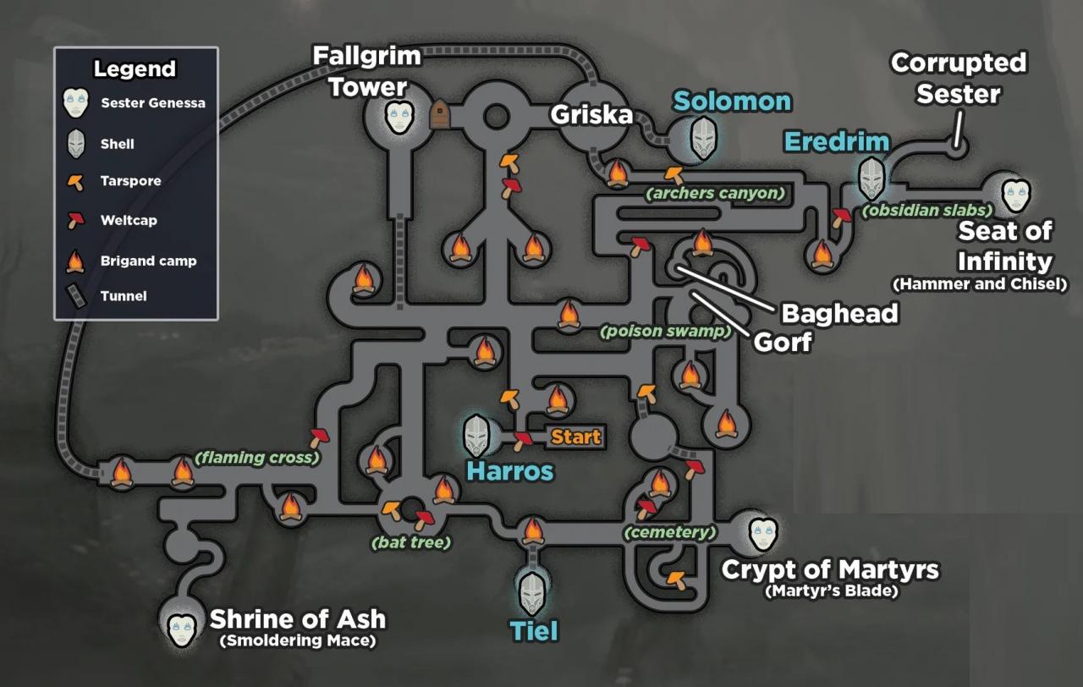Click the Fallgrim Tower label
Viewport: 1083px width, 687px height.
[366, 71]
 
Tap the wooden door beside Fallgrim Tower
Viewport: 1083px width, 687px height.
[440, 115]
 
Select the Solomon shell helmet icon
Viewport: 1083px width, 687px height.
[703, 139]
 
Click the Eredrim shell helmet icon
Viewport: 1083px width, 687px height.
[872, 178]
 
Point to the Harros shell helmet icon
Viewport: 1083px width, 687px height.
[477, 436]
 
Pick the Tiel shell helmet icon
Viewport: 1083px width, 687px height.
[532, 593]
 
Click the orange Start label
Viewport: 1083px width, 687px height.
[576, 437]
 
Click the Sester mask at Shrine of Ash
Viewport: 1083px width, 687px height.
[182, 626]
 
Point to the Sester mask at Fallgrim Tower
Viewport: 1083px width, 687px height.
[399, 118]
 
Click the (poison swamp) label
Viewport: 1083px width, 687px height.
[664, 332]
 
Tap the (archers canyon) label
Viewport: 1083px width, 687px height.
[715, 194]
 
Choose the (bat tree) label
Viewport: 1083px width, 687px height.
[411, 542]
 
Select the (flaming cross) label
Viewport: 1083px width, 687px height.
[257, 458]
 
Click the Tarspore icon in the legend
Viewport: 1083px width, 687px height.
[77, 181]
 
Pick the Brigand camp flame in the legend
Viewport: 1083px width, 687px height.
[76, 261]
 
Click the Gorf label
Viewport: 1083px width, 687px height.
[783, 342]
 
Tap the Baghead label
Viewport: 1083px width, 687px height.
[838, 313]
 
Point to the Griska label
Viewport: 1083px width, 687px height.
[591, 114]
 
